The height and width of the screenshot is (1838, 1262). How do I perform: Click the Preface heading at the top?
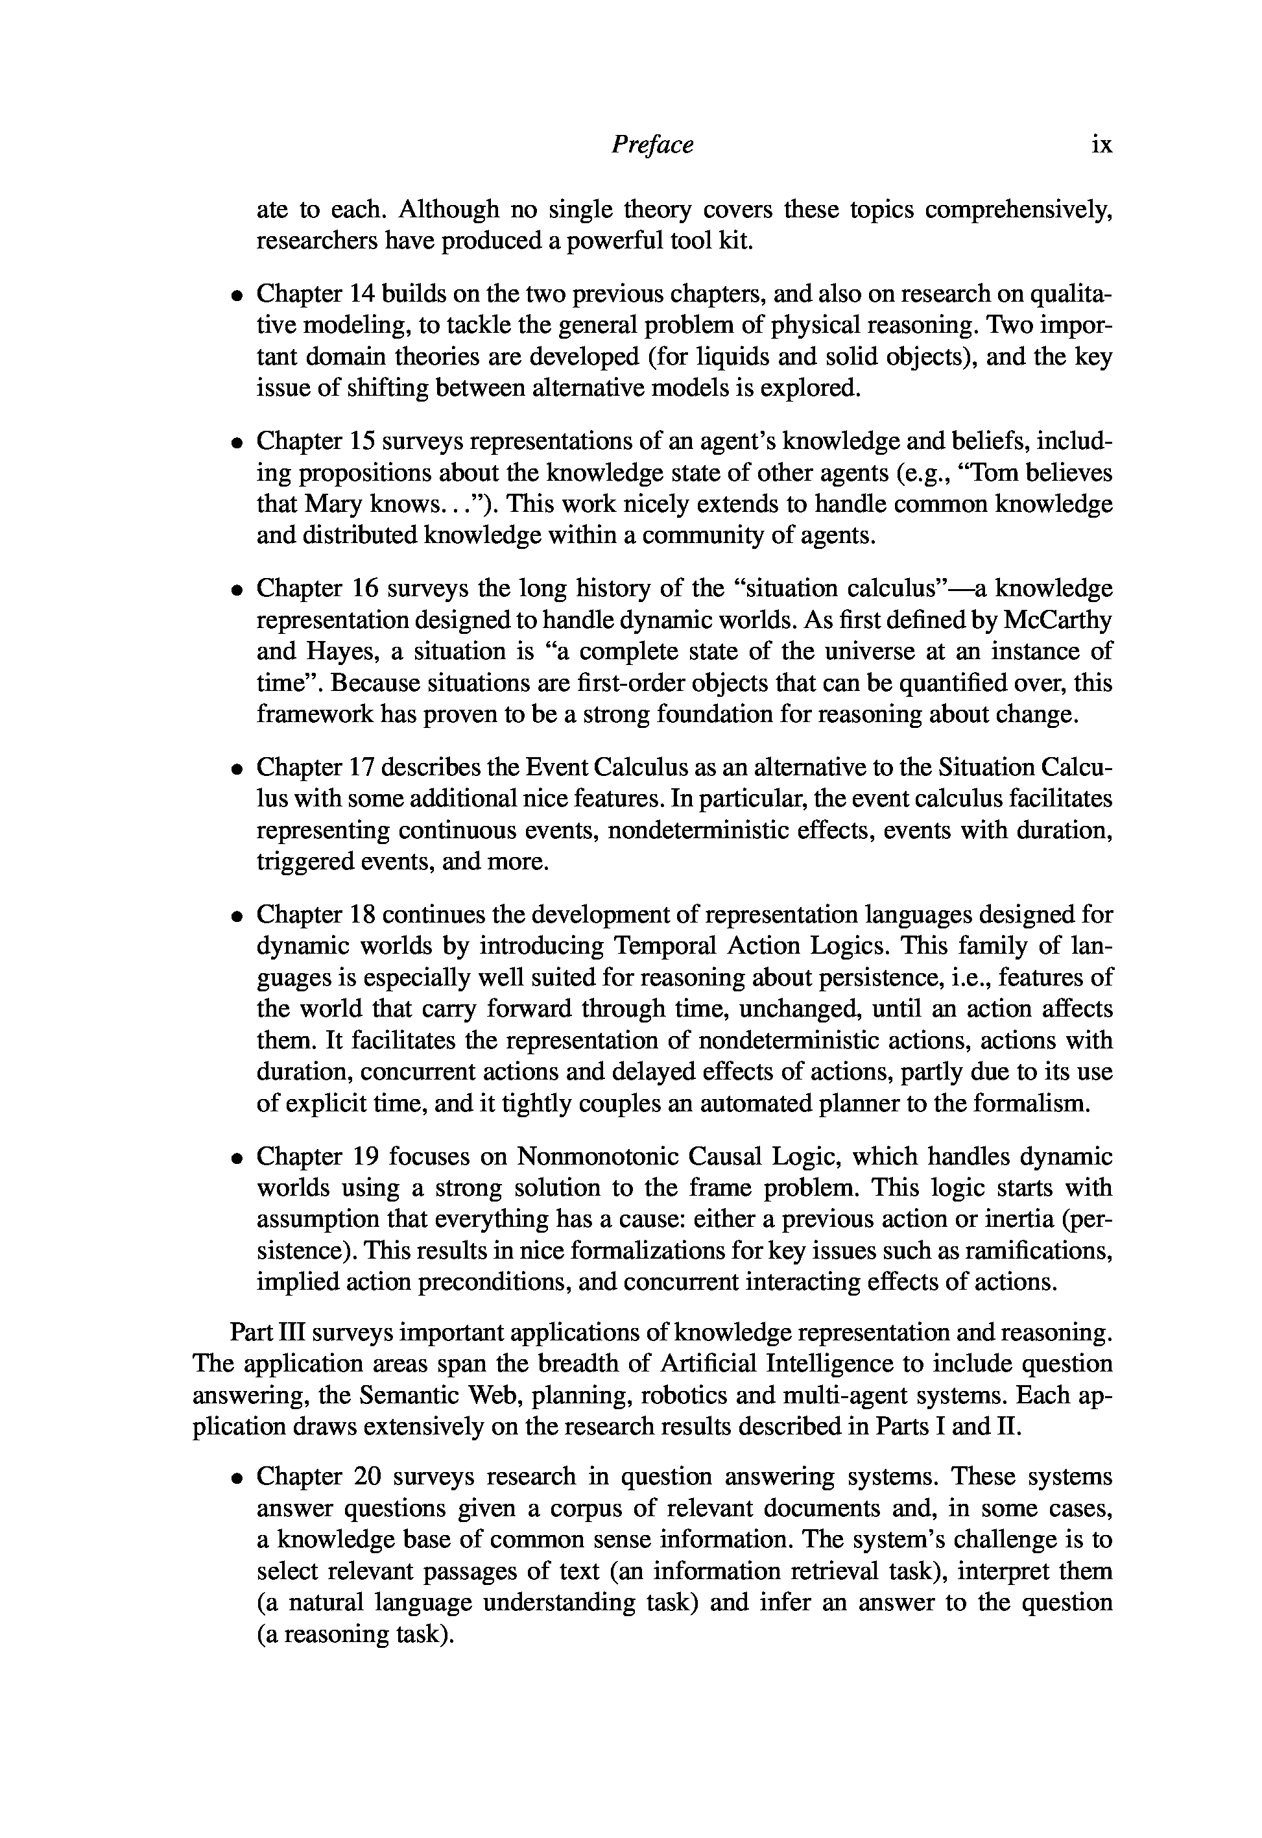point(652,145)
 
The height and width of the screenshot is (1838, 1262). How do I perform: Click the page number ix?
point(1101,145)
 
